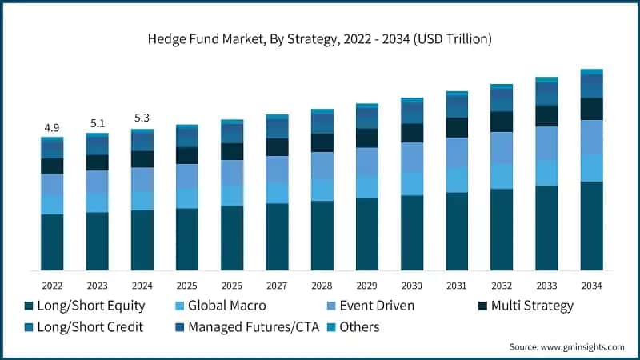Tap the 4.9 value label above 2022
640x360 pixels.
[52, 128]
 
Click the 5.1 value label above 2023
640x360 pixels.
[97, 123]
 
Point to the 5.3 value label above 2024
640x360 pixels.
[142, 118]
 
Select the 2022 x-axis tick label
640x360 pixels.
[52, 286]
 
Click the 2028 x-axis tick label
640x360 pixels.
[322, 286]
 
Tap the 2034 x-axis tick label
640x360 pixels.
[591, 286]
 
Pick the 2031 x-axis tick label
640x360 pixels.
[457, 286]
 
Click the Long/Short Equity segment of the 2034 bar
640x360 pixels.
[591, 226]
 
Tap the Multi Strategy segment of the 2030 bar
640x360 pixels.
[412, 133]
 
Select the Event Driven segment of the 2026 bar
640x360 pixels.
[232, 173]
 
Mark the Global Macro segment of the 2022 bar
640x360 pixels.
[52, 205]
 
